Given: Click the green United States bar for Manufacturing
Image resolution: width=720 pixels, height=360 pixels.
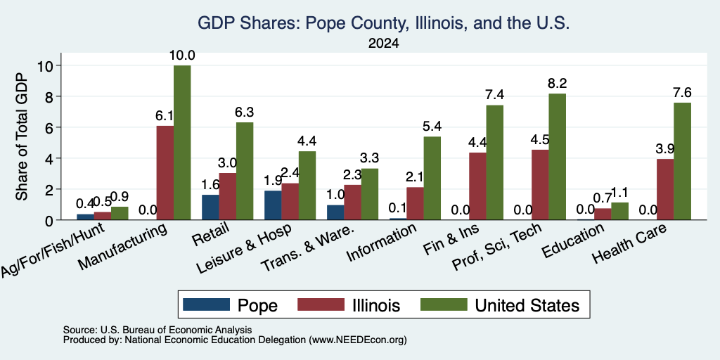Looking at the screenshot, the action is click(182, 143).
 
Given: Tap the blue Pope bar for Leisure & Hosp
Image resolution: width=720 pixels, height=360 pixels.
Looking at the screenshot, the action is click(273, 205).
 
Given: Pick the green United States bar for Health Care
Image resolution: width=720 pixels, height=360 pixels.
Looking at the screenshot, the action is click(682, 161).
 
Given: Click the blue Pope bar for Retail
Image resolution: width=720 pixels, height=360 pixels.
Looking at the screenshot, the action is click(210, 207).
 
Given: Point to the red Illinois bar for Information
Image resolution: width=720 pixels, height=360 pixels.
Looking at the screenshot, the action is click(415, 203).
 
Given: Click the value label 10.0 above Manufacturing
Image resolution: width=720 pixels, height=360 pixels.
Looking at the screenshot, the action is click(182, 56).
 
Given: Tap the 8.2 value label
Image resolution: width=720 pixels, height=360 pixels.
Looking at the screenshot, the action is click(558, 84).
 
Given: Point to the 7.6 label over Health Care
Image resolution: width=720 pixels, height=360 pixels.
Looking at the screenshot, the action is click(682, 93).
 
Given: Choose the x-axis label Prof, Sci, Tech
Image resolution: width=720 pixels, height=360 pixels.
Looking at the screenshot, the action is click(497, 247).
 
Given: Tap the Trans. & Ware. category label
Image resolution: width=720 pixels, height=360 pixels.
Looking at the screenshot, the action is click(308, 248).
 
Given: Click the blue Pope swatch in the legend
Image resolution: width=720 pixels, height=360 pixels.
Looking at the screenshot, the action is click(206, 304).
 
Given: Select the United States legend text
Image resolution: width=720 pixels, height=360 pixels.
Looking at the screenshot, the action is click(527, 305).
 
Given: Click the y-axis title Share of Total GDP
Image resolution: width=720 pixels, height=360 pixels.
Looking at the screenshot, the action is click(22, 136).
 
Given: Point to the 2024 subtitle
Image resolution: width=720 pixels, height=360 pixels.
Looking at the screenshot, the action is click(383, 44).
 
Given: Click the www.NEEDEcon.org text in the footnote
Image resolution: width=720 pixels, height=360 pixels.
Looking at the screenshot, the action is click(358, 340).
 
